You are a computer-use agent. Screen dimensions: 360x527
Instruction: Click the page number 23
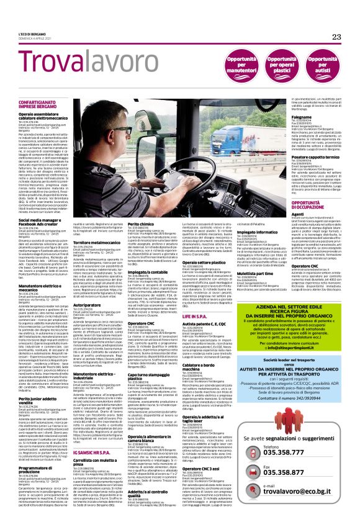click(336, 37)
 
